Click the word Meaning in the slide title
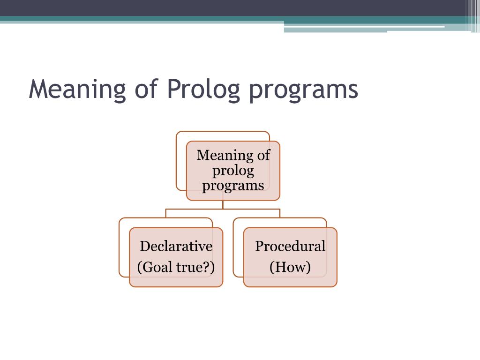pyautogui.click(x=77, y=89)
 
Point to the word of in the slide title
pyautogui.click(x=146, y=89)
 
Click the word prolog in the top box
pyautogui.click(x=233, y=171)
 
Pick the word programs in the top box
pyautogui.click(x=233, y=186)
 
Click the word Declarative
pyautogui.click(x=176, y=246)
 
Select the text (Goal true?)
pyautogui.click(x=176, y=267)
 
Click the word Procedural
pyautogui.click(x=290, y=246)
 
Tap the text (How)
pyautogui.click(x=290, y=267)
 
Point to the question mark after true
pyautogui.click(x=207, y=267)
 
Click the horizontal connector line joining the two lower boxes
pyautogui.click(x=223, y=209)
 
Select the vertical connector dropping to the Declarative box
pyautogui.click(x=165, y=213)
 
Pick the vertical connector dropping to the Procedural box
pyautogui.click(x=280, y=213)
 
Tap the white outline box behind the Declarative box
pyautogui.click(x=120, y=247)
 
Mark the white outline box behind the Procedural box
pyautogui.click(x=233, y=247)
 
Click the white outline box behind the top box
pyautogui.click(x=177, y=161)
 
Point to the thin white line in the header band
pyautogui.click(x=364, y=27)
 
